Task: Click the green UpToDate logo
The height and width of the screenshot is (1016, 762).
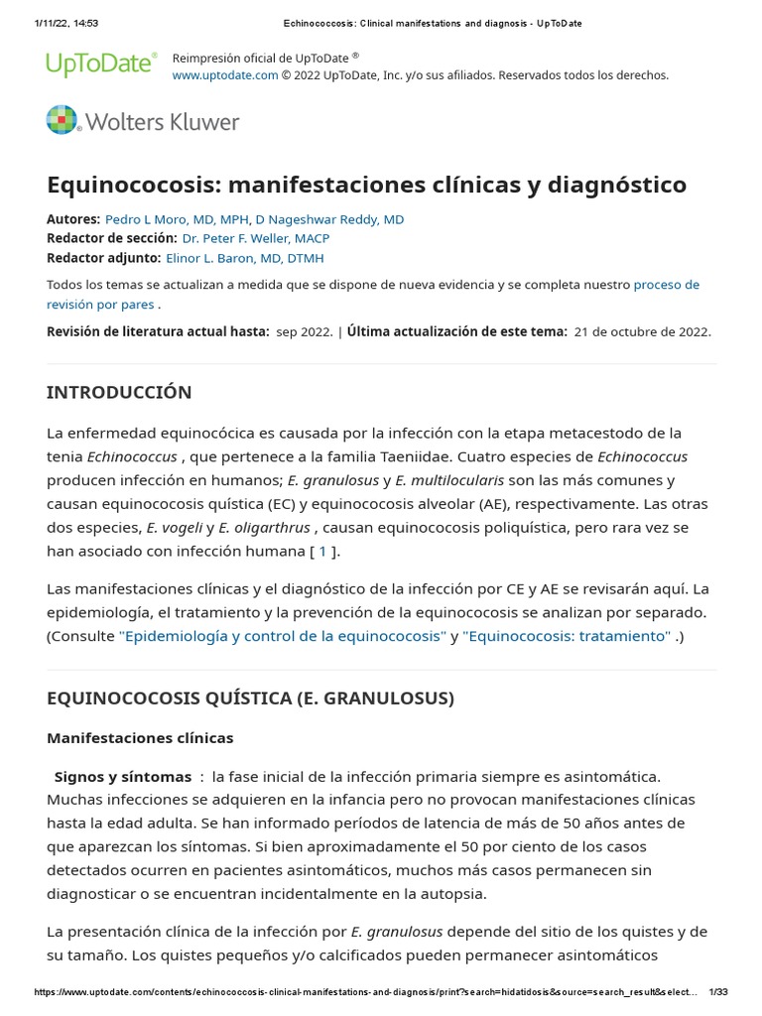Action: tap(101, 64)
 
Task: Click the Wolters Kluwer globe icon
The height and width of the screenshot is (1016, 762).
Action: tap(62, 120)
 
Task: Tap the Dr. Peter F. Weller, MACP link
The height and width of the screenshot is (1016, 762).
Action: tap(255, 238)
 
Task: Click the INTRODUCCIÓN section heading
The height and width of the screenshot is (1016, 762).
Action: tap(119, 392)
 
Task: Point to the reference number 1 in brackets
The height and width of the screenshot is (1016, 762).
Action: tap(322, 551)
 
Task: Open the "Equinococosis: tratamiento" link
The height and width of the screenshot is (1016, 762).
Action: tap(567, 636)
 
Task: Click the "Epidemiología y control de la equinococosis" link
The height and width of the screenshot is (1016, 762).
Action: tap(282, 636)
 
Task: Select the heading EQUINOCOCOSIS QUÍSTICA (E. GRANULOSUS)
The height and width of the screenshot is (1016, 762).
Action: tap(250, 698)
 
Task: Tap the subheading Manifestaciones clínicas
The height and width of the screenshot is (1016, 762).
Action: tap(140, 738)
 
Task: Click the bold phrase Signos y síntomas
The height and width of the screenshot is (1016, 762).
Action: tap(122, 777)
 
